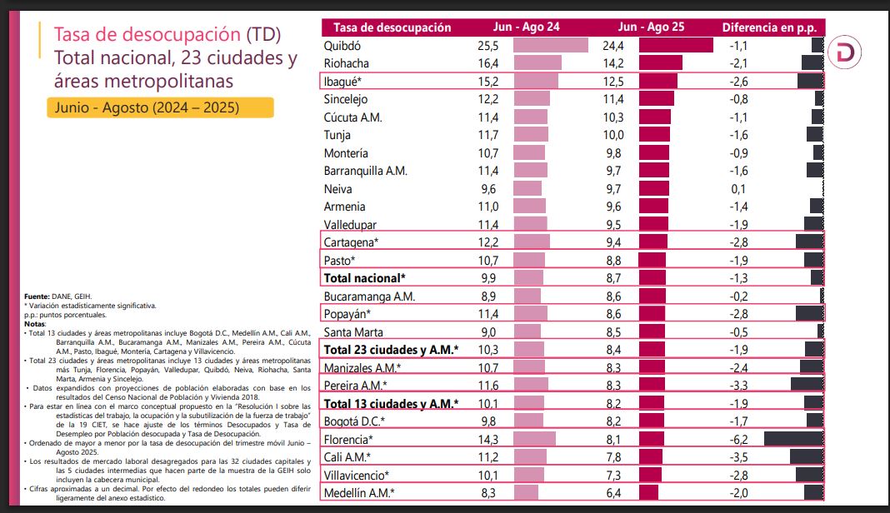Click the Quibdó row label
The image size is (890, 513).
pos(344,45)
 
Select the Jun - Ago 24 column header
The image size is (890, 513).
pos(525,27)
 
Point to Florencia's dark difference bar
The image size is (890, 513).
pos(793,439)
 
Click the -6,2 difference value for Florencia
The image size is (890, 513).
pos(737,439)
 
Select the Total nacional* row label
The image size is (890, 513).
pos(364,278)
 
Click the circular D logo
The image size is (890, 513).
pos(845,52)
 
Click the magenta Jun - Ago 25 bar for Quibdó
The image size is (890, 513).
pos(676,45)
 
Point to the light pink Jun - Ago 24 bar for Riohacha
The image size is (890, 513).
pos(537,63)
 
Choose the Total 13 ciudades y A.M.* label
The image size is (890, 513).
pos(391,404)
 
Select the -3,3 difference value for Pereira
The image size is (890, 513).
pos(737,386)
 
